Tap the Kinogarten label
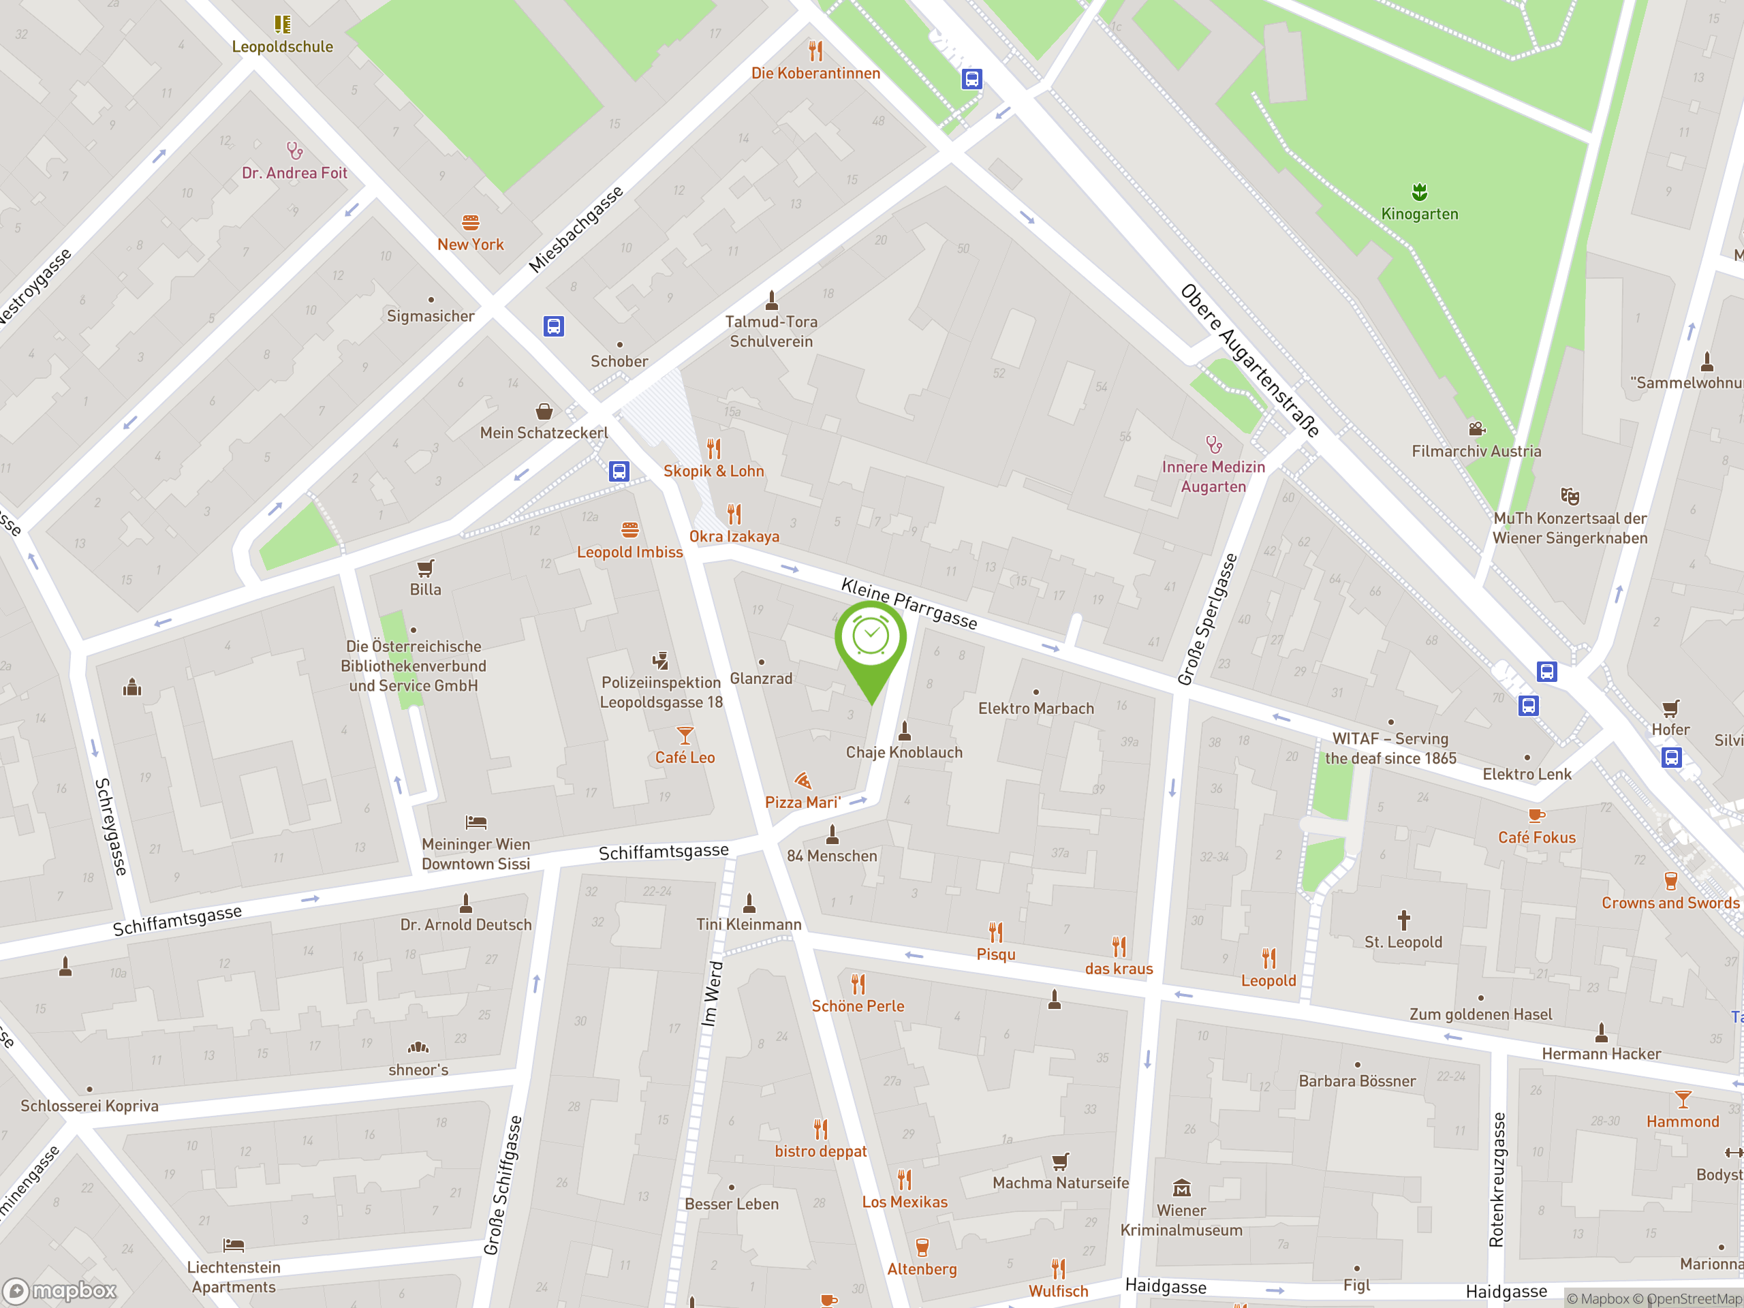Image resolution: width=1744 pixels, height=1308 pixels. (1419, 214)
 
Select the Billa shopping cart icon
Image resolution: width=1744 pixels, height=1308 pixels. (425, 567)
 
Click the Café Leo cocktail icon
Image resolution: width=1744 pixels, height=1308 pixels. (685, 735)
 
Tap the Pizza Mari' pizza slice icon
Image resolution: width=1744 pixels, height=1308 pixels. (803, 781)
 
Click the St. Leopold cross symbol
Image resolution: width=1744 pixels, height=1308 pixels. (1403, 919)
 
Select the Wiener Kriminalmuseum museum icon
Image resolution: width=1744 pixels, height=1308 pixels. (1181, 1187)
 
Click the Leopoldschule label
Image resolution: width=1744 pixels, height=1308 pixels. (282, 46)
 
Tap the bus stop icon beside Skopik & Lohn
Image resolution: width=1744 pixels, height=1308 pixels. (619, 471)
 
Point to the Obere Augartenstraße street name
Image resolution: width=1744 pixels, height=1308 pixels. (1249, 361)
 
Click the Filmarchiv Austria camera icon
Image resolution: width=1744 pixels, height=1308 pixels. (1477, 429)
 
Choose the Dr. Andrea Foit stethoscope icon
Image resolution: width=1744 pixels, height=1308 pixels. (294, 150)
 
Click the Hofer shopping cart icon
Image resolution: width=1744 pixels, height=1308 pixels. (1670, 707)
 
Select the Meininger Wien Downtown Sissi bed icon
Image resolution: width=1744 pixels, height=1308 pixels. (476, 822)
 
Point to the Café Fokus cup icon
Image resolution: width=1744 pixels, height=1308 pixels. (1536, 815)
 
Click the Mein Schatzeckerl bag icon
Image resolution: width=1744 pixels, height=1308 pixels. (544, 411)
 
